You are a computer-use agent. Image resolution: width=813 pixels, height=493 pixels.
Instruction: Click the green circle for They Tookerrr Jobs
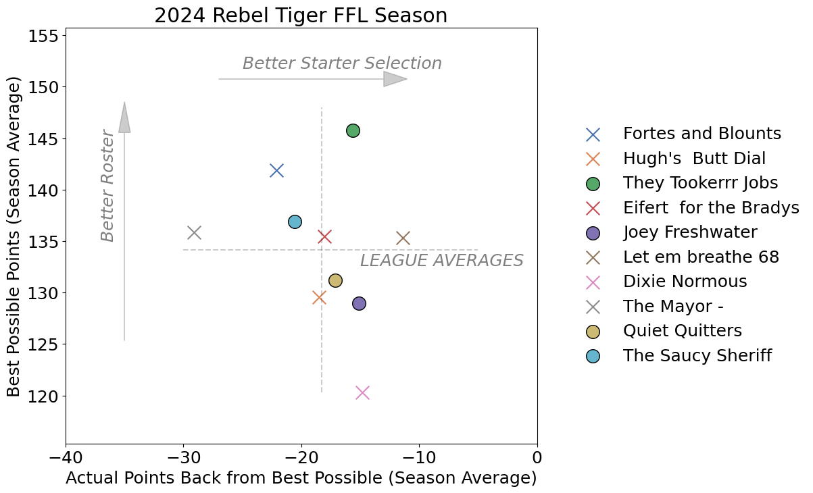point(353,130)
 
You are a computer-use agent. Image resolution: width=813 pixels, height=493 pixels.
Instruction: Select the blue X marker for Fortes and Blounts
point(276,170)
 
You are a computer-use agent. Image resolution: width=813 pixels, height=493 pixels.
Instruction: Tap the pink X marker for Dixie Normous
point(362,392)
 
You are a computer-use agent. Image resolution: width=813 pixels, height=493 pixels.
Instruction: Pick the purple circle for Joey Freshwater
point(359,303)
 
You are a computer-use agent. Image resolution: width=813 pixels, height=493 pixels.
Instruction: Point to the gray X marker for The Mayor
point(194,232)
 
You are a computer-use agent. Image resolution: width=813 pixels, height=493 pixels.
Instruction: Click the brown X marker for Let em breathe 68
point(403,238)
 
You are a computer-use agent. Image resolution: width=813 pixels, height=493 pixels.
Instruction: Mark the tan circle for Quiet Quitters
point(335,280)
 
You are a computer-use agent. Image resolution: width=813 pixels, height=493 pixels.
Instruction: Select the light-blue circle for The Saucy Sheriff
point(295,222)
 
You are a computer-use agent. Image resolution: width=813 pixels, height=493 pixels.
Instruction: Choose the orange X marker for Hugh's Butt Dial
point(319,297)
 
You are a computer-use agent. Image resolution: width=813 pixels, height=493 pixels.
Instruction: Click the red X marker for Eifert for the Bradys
point(324,236)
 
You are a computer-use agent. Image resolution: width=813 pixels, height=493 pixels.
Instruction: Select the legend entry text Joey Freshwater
point(690,232)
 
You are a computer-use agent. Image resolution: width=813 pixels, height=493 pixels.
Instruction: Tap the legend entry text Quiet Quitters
point(683,331)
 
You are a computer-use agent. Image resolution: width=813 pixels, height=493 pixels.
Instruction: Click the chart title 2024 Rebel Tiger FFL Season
point(301,16)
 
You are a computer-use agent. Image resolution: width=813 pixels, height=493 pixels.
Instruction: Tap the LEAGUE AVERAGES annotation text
point(441,261)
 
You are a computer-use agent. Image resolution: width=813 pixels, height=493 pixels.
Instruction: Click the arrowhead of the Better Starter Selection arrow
point(395,79)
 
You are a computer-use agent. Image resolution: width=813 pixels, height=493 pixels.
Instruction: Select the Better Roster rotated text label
point(107,185)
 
